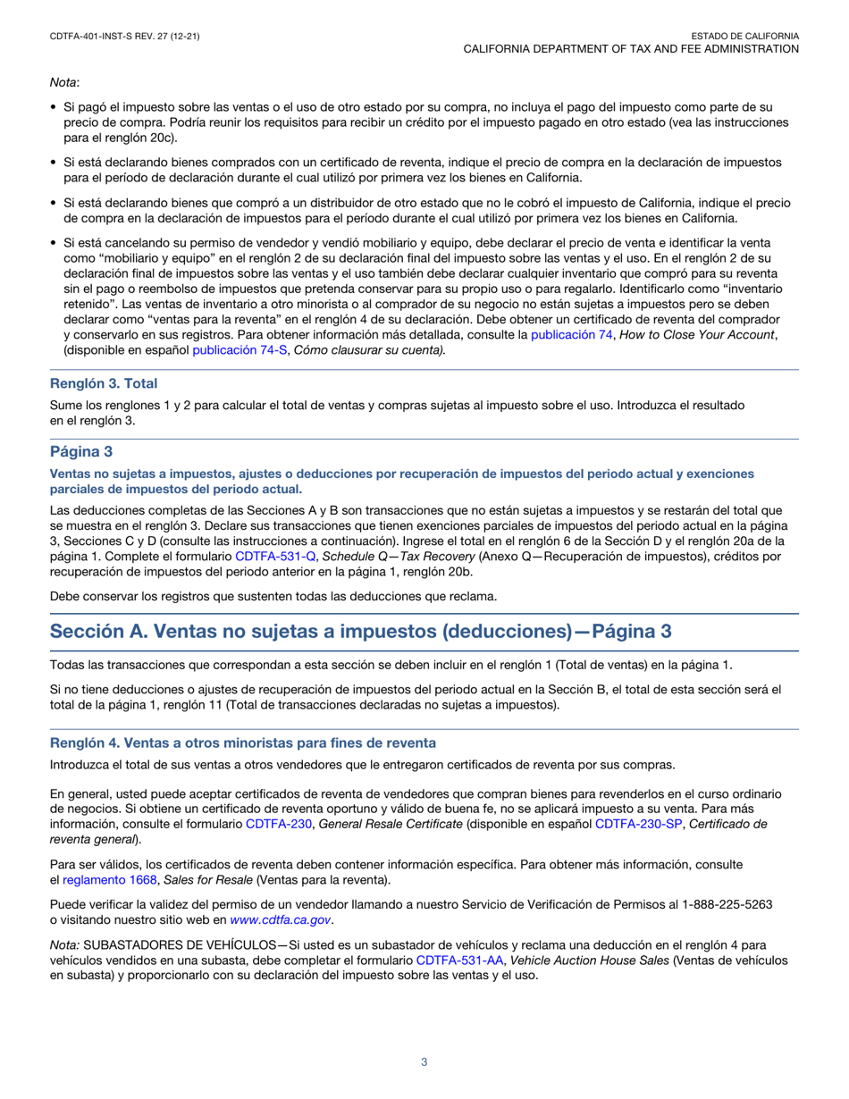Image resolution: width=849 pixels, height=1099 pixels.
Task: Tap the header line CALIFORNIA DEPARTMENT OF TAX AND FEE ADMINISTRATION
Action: click(x=630, y=48)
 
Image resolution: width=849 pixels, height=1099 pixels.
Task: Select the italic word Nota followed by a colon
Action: click(x=63, y=83)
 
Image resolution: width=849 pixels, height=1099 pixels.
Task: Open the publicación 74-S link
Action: click(x=240, y=349)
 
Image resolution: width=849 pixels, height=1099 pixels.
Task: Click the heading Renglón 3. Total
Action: click(x=104, y=383)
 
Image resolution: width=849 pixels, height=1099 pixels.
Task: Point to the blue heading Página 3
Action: click(x=81, y=452)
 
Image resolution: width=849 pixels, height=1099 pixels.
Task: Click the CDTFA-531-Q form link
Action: click(x=275, y=555)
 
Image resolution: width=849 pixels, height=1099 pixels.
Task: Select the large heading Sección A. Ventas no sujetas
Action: click(x=360, y=631)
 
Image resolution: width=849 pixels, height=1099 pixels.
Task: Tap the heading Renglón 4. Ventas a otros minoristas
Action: click(x=243, y=742)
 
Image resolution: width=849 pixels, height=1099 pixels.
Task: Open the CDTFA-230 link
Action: click(x=279, y=823)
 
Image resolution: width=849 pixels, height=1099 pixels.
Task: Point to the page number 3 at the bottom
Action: click(x=424, y=1062)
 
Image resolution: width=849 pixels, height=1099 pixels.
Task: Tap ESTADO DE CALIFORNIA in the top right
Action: click(x=744, y=35)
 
